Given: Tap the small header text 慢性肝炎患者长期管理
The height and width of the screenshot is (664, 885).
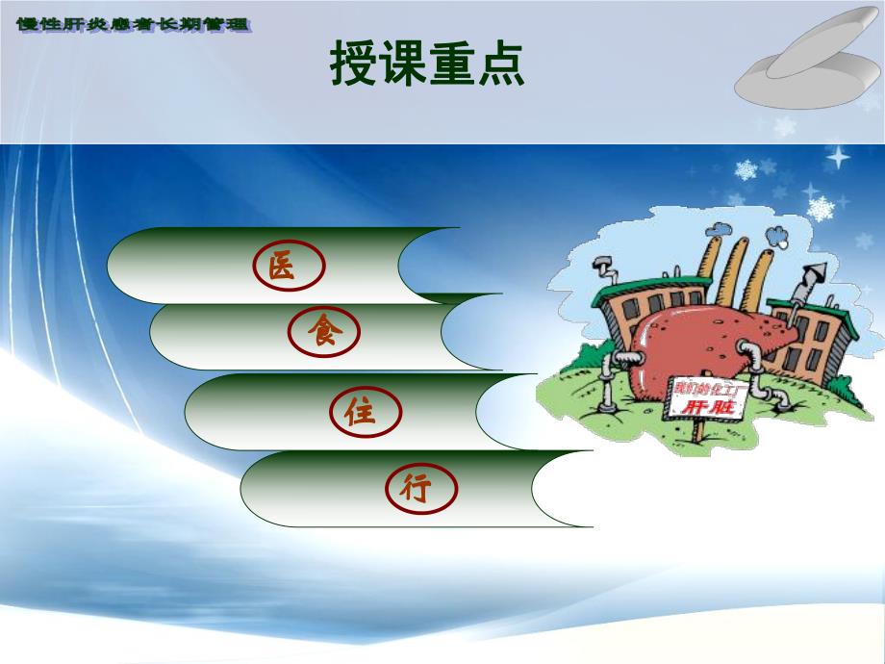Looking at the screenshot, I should (134, 24).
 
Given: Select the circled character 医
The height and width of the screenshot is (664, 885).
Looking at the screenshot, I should (280, 267).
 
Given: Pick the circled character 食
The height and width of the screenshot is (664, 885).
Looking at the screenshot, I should (319, 331).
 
